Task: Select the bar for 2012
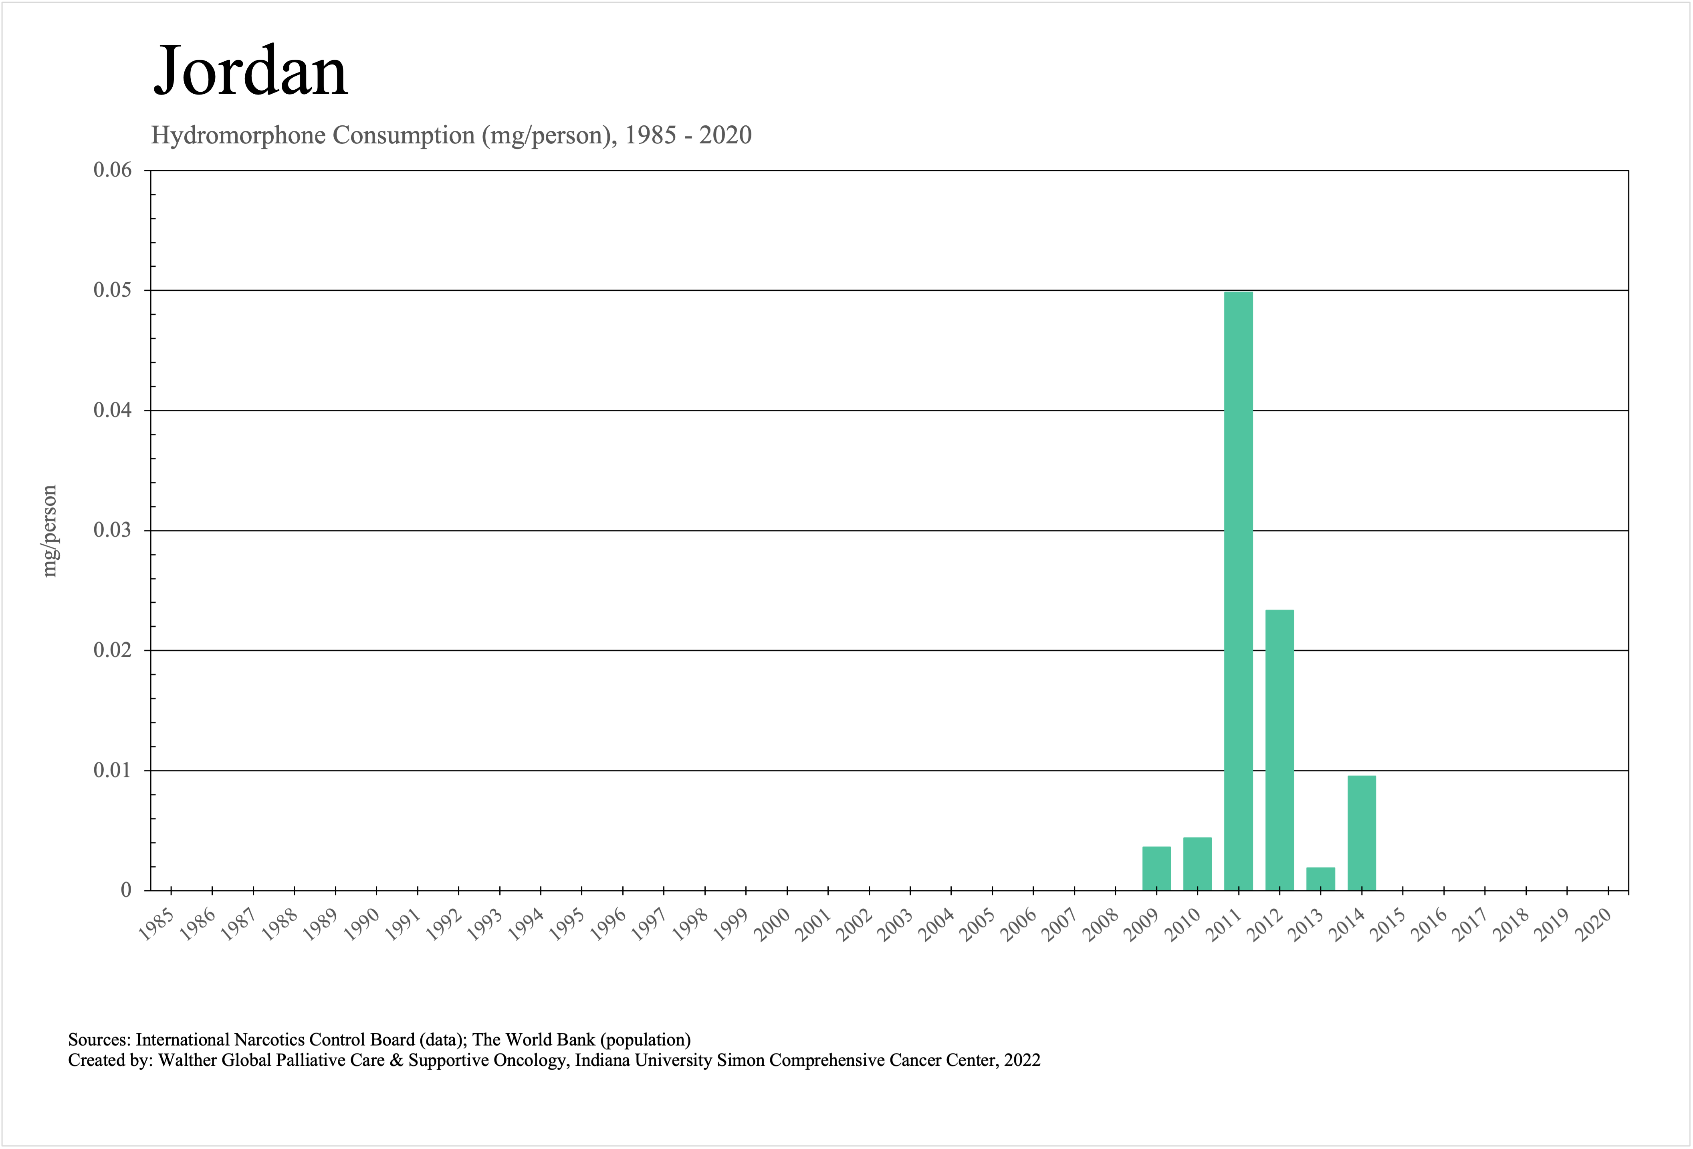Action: (1279, 750)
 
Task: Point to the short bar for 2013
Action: (1320, 879)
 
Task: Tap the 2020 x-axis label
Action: (1593, 926)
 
